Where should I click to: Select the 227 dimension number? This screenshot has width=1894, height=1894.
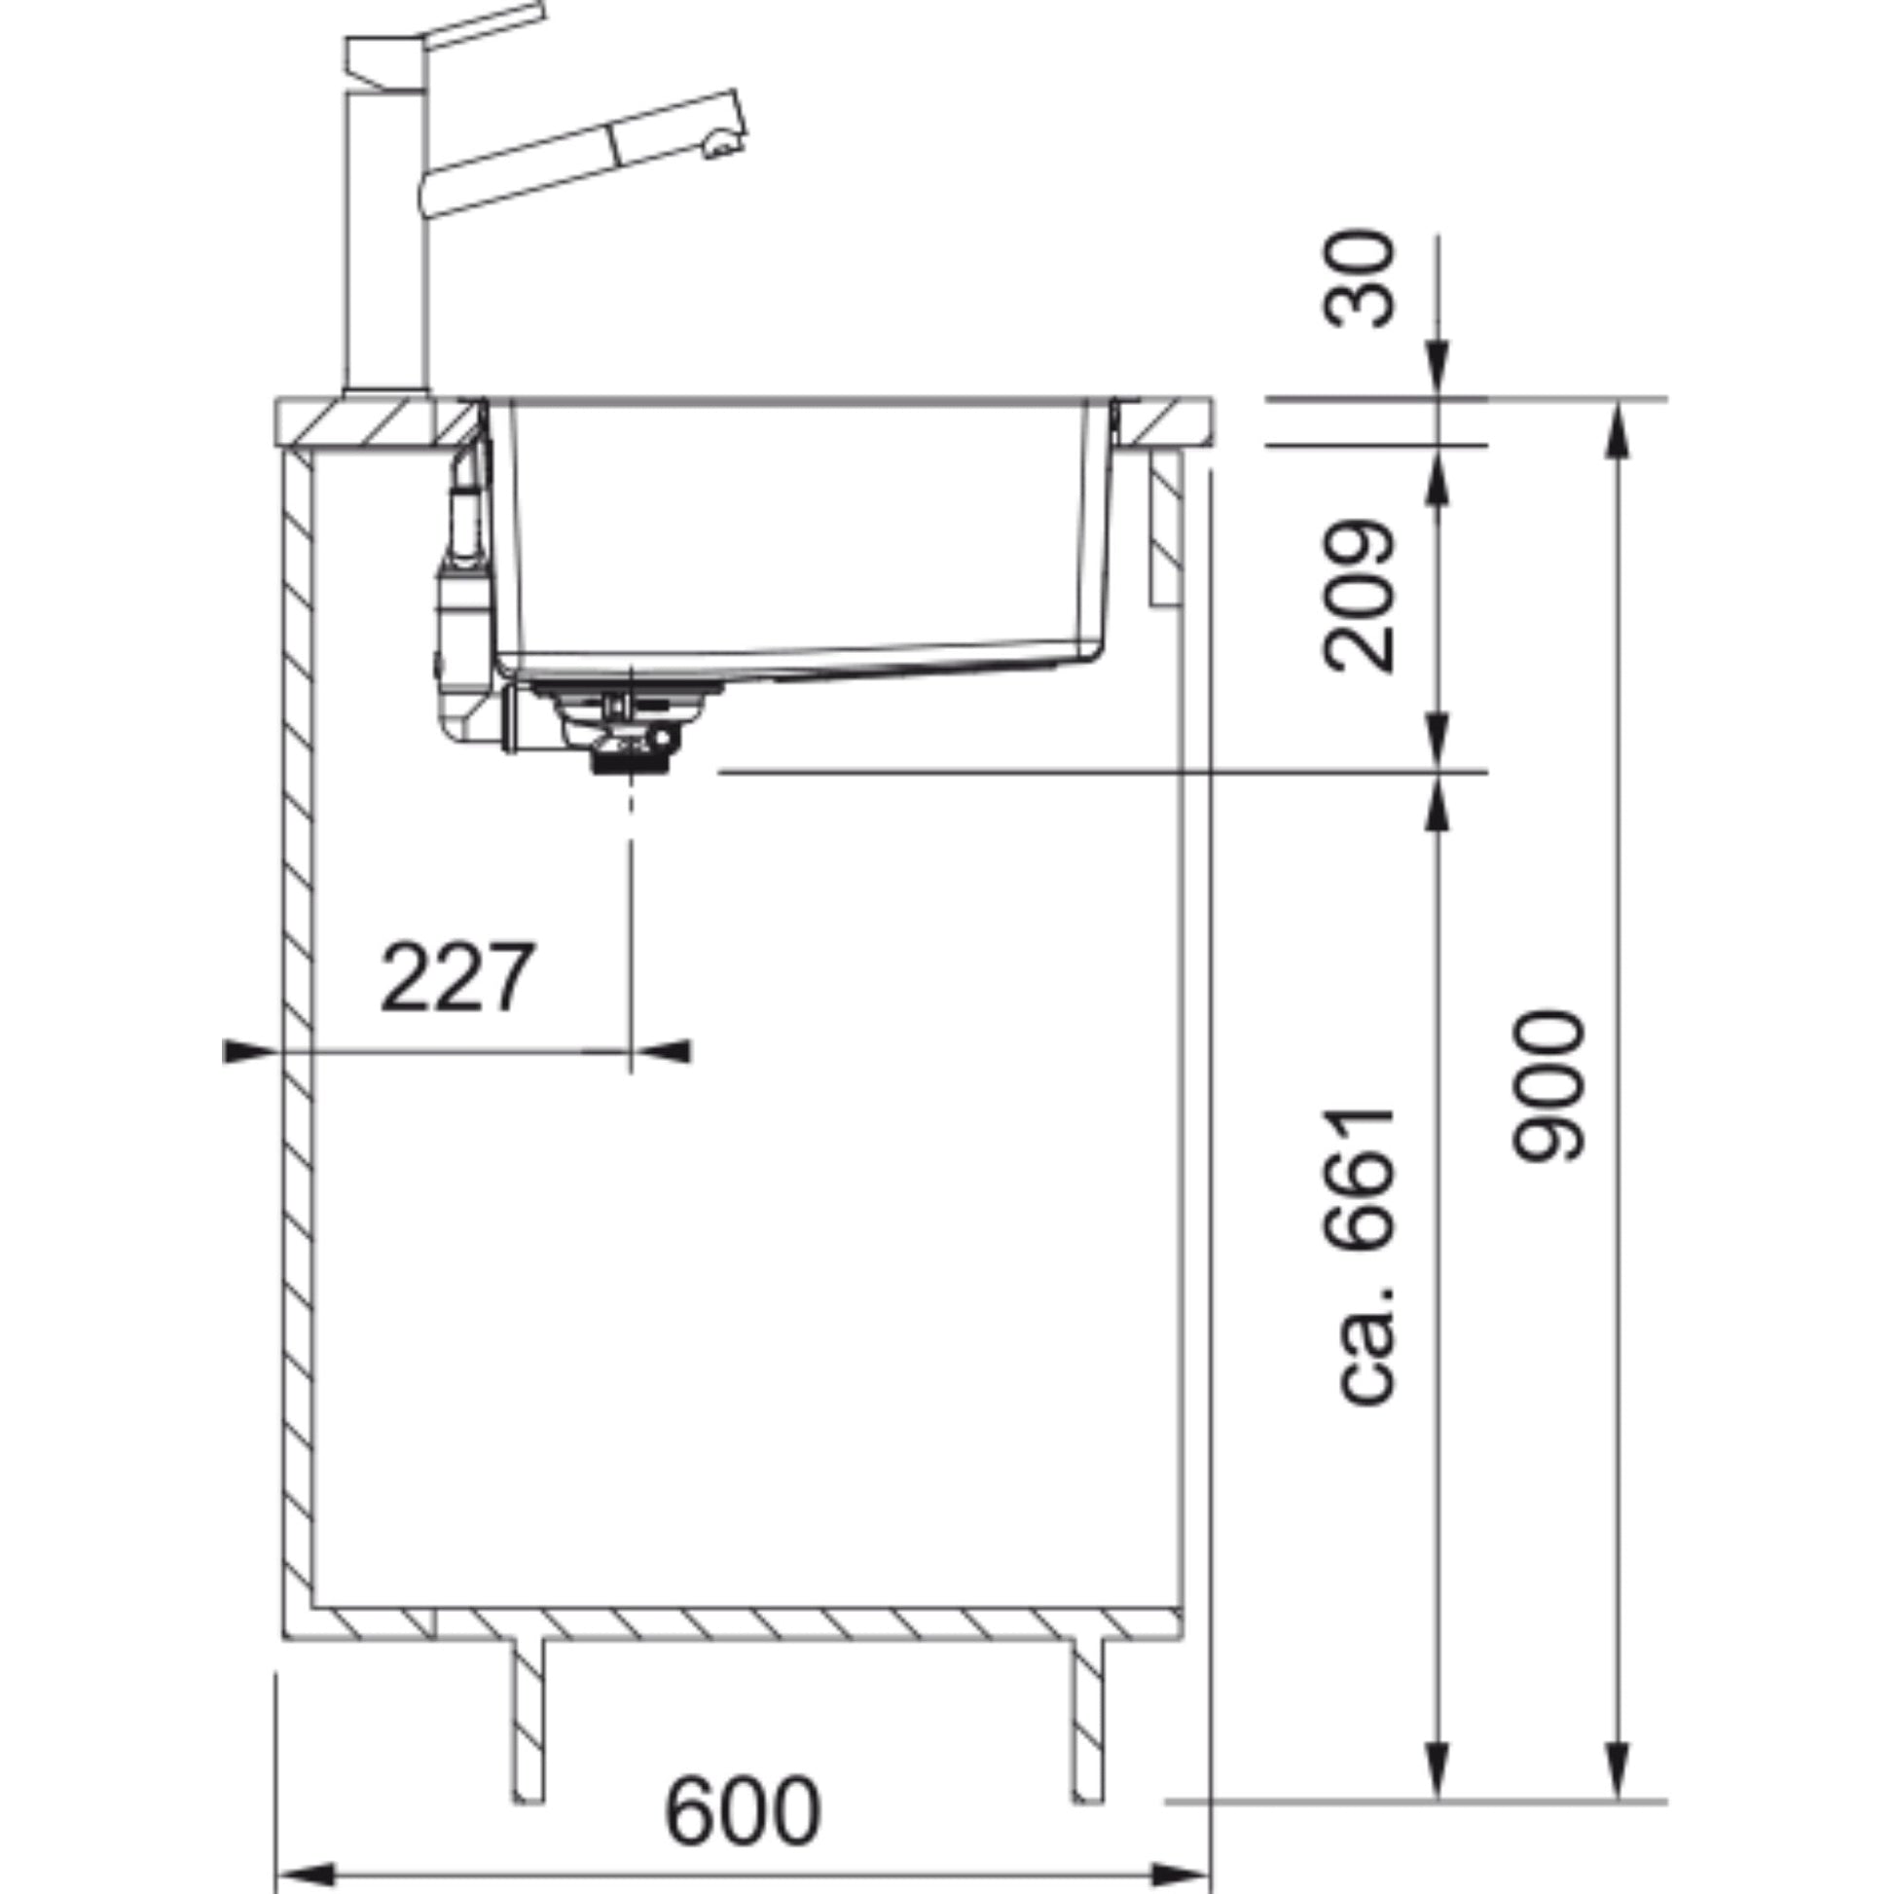click(457, 976)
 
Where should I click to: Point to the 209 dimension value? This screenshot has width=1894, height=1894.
click(1358, 596)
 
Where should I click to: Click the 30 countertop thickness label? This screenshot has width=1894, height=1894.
click(1358, 278)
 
